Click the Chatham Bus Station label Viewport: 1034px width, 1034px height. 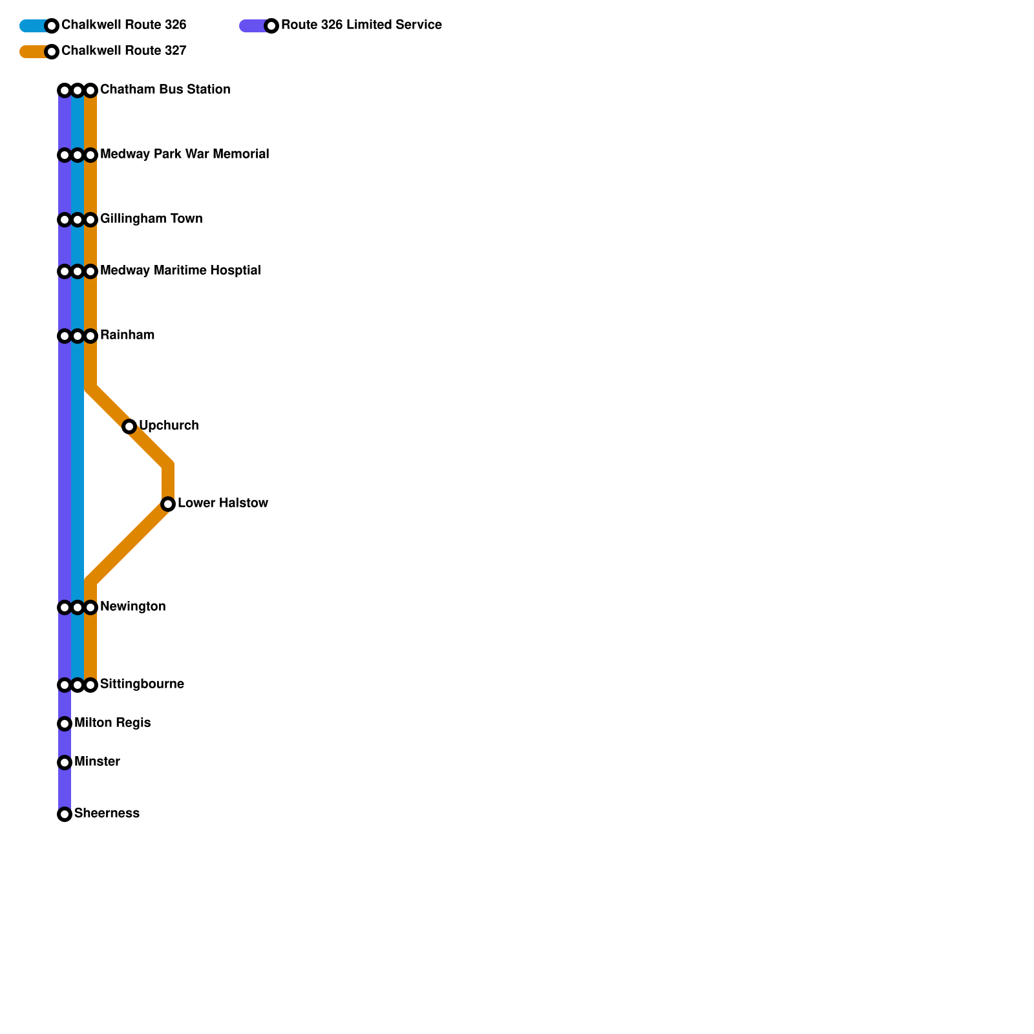(x=165, y=90)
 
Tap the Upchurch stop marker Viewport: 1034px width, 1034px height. (x=129, y=427)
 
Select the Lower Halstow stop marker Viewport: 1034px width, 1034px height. (x=168, y=504)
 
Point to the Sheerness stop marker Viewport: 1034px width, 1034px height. (x=65, y=814)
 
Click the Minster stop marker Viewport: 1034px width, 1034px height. (x=65, y=763)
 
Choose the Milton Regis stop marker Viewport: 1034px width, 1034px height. (x=65, y=724)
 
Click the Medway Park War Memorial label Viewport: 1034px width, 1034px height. (x=184, y=154)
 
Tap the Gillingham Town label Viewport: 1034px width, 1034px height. (x=151, y=219)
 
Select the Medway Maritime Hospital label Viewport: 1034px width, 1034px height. (x=180, y=271)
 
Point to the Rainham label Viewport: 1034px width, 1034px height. (x=127, y=335)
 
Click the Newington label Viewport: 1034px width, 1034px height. (x=132, y=607)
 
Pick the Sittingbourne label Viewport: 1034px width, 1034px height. (x=142, y=684)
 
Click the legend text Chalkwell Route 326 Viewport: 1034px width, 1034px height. (x=123, y=25)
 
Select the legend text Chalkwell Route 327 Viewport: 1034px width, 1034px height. (x=123, y=51)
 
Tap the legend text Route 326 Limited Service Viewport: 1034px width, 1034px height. (x=361, y=25)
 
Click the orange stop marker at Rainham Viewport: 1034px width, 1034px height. (x=90, y=336)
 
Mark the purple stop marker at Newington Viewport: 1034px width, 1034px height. (x=65, y=607)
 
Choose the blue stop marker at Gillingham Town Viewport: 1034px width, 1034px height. (x=78, y=220)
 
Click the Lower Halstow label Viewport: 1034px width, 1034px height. (x=222, y=503)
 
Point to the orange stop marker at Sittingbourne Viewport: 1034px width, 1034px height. (x=90, y=685)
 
